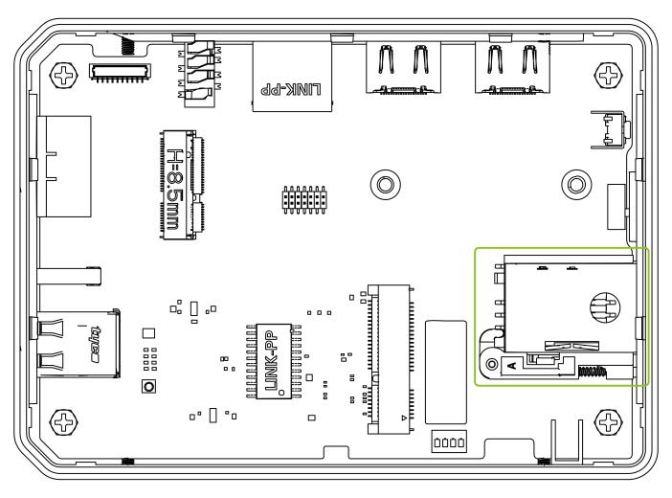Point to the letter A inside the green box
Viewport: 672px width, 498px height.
click(513, 364)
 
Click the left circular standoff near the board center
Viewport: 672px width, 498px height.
click(384, 182)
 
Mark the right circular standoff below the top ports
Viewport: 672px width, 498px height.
click(575, 182)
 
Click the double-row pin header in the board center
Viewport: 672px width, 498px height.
click(305, 199)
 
